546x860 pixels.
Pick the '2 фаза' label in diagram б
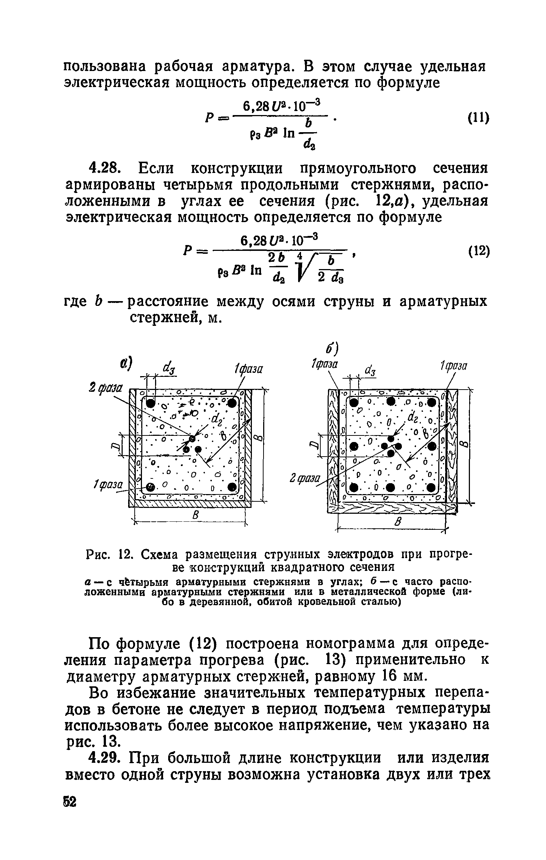(305, 479)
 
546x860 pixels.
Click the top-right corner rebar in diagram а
(232, 403)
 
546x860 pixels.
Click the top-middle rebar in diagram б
(391, 402)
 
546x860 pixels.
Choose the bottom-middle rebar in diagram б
(390, 488)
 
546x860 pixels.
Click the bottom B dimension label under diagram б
(397, 523)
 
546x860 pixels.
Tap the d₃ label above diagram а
(170, 368)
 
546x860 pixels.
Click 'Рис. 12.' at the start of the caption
(105, 555)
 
